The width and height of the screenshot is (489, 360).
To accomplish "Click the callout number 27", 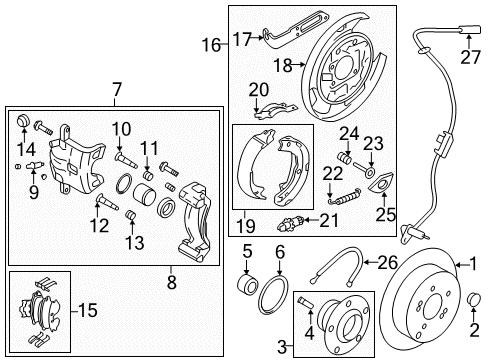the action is coord(471,57).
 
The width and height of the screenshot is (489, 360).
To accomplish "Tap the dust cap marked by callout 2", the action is coord(474,299).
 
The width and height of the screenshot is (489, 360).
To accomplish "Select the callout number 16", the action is coord(211,45).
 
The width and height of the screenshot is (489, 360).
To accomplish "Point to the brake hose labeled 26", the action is coord(337,266).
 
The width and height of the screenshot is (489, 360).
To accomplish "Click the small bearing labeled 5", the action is coord(247,284).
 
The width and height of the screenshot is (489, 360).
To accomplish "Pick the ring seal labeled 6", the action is coord(273,295).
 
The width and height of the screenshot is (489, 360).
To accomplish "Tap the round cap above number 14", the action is coord(24,120).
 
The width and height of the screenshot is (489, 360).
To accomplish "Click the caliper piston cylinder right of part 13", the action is coord(144,193).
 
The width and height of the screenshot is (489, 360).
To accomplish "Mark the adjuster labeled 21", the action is coord(291,222).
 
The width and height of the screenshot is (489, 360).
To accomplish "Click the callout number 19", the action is coord(246,226).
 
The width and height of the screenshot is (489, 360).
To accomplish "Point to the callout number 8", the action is coord(171,283).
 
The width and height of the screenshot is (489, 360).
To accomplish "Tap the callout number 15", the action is coord(88,310).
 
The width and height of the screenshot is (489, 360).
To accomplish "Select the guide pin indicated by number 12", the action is coord(107,202).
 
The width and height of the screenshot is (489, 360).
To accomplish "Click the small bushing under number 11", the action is coord(147,175).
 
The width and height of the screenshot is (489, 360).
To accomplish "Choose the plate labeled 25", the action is coord(382,183).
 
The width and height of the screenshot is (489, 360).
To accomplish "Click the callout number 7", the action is coord(115,90).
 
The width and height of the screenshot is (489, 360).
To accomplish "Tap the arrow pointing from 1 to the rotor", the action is coord(462,265).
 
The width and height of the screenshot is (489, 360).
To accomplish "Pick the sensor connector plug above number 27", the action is coord(470,30).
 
